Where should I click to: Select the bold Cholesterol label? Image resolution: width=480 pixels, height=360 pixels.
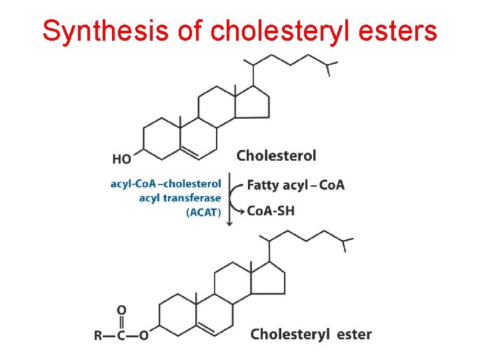coord(277,155)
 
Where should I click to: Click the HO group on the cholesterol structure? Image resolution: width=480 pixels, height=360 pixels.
coord(122,159)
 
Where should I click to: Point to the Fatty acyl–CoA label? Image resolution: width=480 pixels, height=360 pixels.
coord(295,185)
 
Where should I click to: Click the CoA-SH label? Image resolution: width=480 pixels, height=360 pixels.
coord(271,211)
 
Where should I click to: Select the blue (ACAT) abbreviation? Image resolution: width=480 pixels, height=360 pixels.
coord(204,212)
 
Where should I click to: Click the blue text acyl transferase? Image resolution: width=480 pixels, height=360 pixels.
coord(180,198)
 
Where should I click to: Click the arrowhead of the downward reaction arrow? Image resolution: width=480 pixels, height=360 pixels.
coord(230,223)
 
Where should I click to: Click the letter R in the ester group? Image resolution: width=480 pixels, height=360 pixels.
coord(99,335)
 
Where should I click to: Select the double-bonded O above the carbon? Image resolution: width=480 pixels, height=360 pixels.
coord(121,310)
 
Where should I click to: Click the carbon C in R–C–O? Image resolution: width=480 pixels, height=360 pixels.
coord(121,335)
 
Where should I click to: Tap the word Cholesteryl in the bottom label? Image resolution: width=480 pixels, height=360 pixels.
coord(290,334)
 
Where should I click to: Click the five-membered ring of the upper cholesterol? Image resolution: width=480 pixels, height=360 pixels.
coord(255,102)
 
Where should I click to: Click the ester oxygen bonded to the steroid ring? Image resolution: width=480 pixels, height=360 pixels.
coord(144,335)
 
